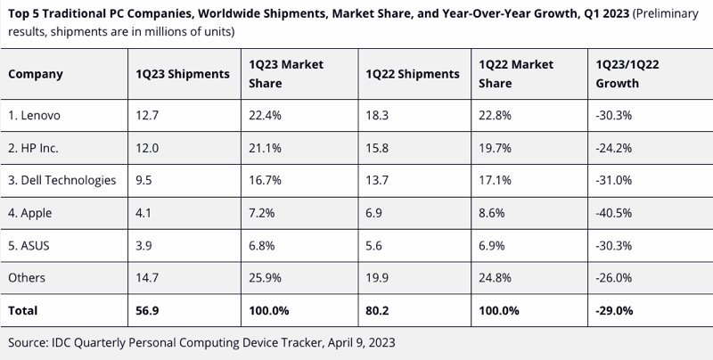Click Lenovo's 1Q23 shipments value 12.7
tap(144, 115)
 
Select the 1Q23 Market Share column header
tap(282, 74)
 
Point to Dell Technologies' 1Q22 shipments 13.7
tap(375, 180)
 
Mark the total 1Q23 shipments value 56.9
tap(146, 311)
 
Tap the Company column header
tap(36, 74)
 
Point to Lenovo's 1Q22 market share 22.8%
tap(496, 115)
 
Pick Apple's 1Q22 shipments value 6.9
tap(373, 213)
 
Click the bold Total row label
tap(24, 311)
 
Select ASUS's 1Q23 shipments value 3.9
tap(143, 245)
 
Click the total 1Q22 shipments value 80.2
tap(377, 311)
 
